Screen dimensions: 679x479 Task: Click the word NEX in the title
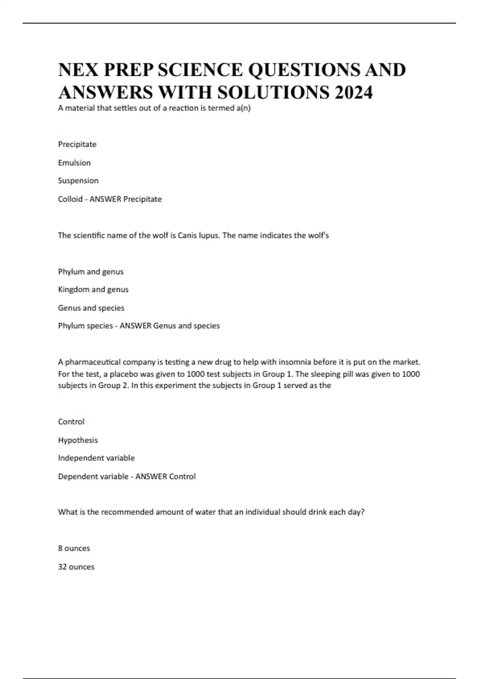coord(78,70)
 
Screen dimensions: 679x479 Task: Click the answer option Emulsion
coord(74,163)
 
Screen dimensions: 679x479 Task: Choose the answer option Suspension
coord(78,181)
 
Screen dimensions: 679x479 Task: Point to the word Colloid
coord(70,199)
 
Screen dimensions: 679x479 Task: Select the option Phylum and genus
coord(91,272)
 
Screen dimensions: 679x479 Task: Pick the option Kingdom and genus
coord(93,290)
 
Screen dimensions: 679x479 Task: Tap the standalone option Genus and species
coord(91,308)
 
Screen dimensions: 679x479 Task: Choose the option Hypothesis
coord(78,440)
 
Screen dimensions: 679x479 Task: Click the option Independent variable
coord(96,458)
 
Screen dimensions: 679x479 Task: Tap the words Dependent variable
coord(93,476)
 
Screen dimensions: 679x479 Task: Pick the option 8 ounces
coord(74,548)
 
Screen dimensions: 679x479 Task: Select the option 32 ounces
coord(76,567)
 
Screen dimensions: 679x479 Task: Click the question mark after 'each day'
coord(362,512)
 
